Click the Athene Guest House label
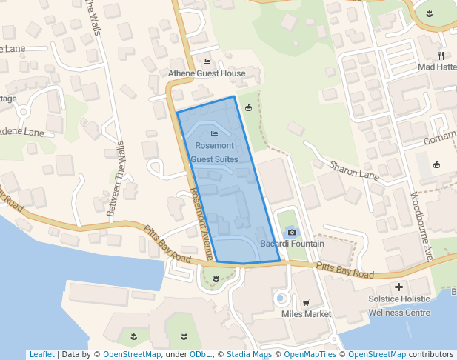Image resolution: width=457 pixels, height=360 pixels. (x=207, y=73)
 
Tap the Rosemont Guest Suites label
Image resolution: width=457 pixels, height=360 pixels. (x=214, y=153)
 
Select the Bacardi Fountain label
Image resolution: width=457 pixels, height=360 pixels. (x=292, y=244)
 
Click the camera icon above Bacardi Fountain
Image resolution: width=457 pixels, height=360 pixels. (x=292, y=232)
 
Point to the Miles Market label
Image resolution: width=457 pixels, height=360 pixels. (x=307, y=314)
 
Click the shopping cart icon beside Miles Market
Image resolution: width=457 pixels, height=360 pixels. (x=306, y=302)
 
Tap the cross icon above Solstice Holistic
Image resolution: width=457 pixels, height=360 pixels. (x=398, y=287)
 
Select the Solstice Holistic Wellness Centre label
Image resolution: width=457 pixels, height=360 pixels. (x=399, y=306)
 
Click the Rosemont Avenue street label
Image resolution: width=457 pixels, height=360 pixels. (x=201, y=223)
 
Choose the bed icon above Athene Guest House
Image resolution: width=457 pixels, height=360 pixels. (x=207, y=61)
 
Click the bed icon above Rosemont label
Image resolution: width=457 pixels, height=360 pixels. (x=214, y=133)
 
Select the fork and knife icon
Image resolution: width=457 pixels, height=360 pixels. (x=441, y=55)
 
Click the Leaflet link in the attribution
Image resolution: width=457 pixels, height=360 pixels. (x=41, y=354)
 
